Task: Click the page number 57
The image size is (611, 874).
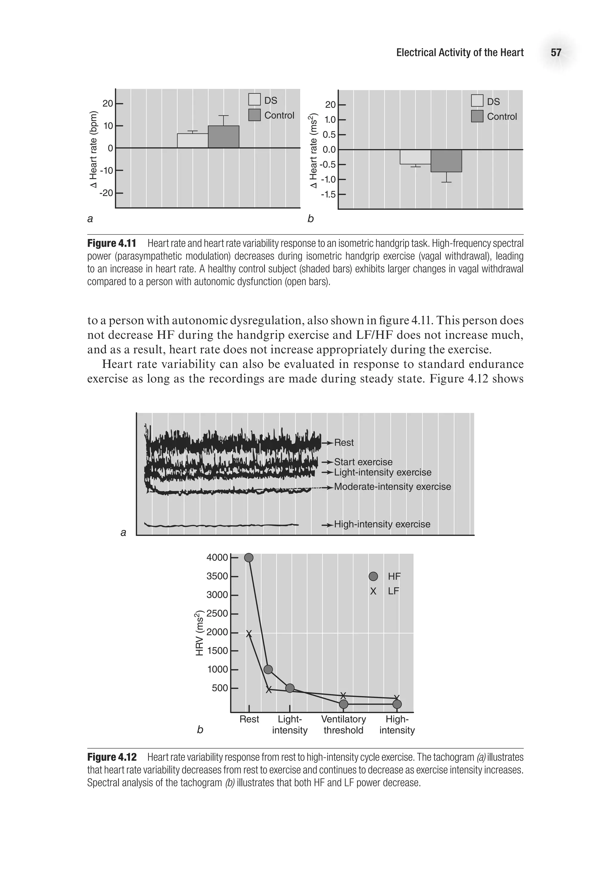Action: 556,53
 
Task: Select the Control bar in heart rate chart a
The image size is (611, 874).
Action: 223,137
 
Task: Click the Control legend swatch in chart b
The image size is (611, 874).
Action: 477,116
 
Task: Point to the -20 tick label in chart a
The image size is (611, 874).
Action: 106,193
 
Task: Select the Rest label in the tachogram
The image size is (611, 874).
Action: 343,443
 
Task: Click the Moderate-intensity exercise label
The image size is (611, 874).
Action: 392,487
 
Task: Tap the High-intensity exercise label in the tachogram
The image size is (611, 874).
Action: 382,524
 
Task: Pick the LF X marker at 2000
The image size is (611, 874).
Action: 249,634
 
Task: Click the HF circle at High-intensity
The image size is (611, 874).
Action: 397,704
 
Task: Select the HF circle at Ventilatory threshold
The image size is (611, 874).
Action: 343,704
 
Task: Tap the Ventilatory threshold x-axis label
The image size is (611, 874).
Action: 343,724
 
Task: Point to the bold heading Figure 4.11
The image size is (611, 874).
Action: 112,243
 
